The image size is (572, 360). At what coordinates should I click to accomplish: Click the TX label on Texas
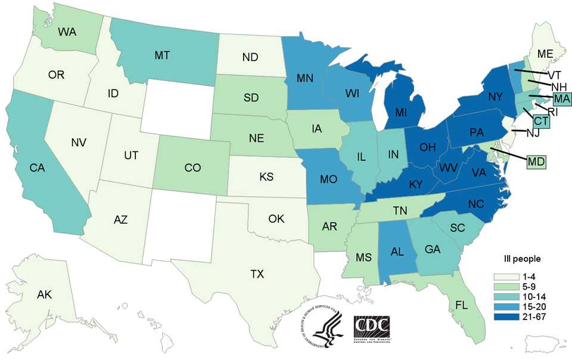pyautogui.click(x=257, y=274)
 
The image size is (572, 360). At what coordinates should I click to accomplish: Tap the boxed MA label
pyautogui.click(x=561, y=98)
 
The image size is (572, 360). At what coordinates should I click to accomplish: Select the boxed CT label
pyautogui.click(x=541, y=121)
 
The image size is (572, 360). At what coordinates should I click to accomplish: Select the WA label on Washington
pyautogui.click(x=66, y=31)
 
